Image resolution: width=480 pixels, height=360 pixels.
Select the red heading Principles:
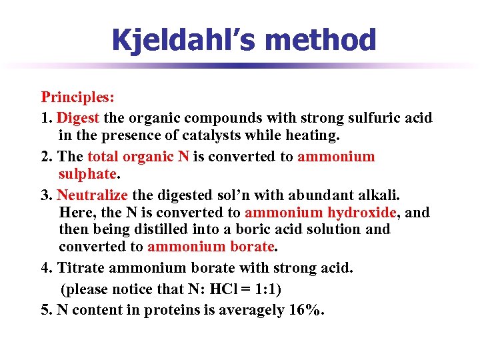point(78,97)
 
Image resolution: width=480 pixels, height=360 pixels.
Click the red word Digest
point(79,118)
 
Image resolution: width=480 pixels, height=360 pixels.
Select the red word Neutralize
point(93,195)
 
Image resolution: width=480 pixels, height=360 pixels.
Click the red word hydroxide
point(362,213)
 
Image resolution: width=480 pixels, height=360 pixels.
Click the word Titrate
point(83,268)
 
